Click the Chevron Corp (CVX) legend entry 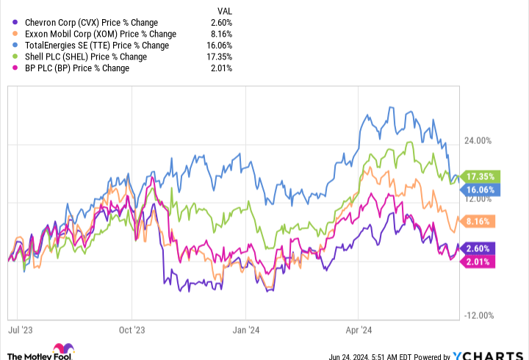pyautogui.click(x=91, y=22)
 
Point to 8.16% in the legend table pyautogui.click(x=221, y=34)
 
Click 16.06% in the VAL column pyautogui.click(x=219, y=46)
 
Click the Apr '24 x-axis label pyautogui.click(x=356, y=330)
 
